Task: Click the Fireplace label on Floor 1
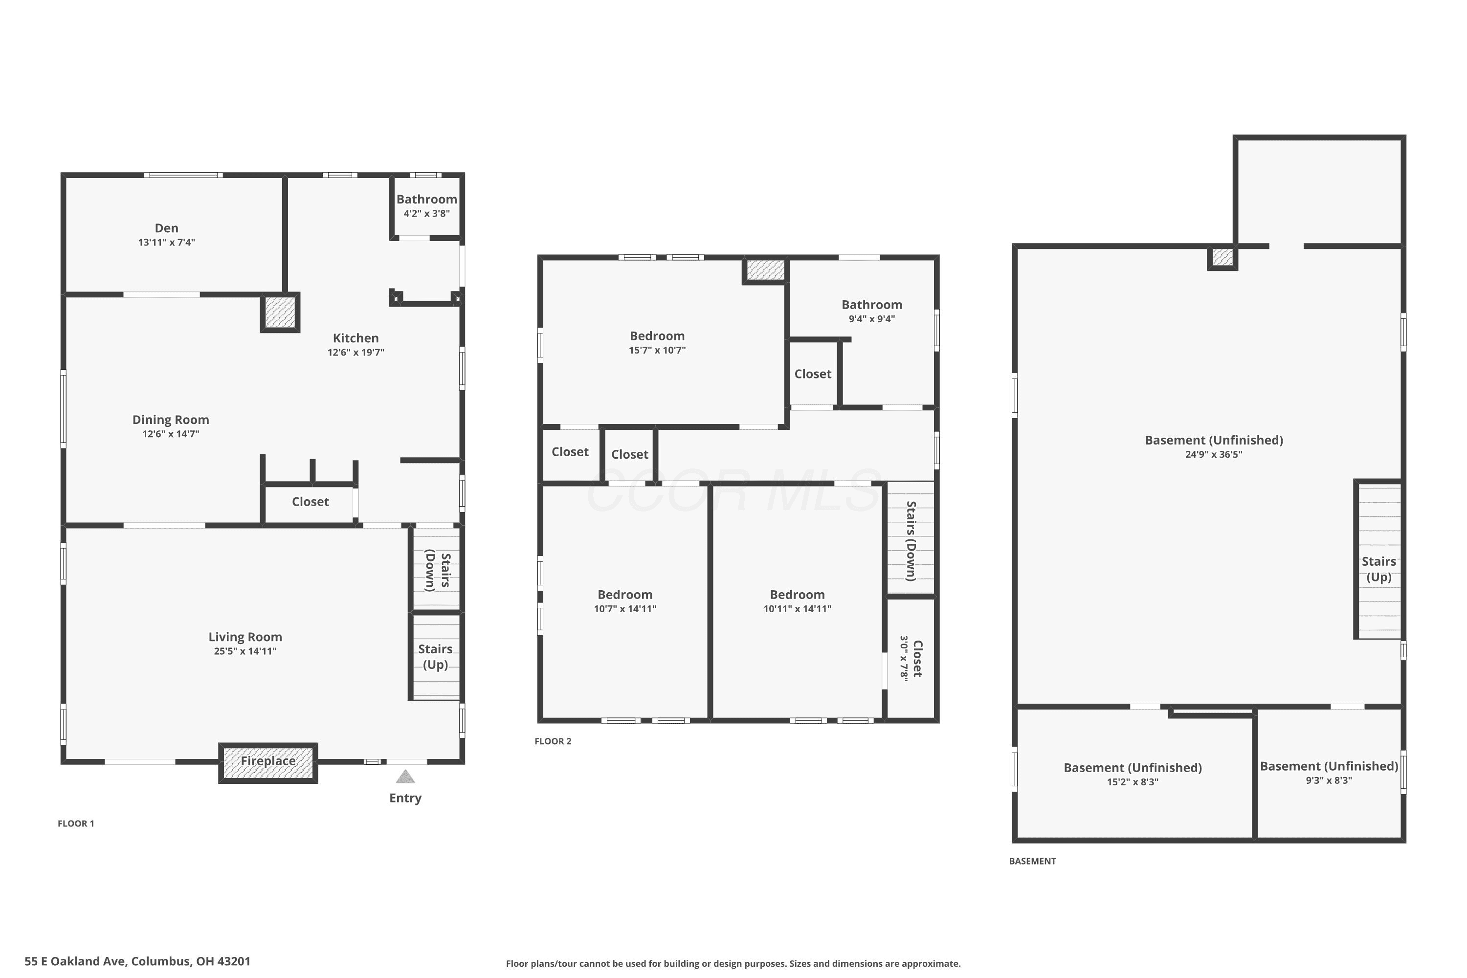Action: pos(268,761)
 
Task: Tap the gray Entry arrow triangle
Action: pos(405,777)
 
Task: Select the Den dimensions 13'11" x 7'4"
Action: pos(167,242)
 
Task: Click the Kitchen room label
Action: pos(356,338)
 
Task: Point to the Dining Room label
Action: pos(170,420)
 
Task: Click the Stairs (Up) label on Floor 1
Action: pos(435,657)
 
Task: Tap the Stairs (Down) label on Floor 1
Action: pos(438,570)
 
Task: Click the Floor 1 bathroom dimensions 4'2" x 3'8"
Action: pos(426,213)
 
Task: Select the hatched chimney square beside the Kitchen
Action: pos(280,312)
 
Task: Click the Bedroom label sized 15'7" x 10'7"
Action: pos(657,336)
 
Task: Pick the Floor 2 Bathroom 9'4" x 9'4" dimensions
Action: pos(871,319)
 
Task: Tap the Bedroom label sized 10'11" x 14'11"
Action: pos(797,595)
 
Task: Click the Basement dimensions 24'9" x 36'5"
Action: pos(1214,455)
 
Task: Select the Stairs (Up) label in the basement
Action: pos(1378,569)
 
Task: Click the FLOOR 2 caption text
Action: pos(553,741)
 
